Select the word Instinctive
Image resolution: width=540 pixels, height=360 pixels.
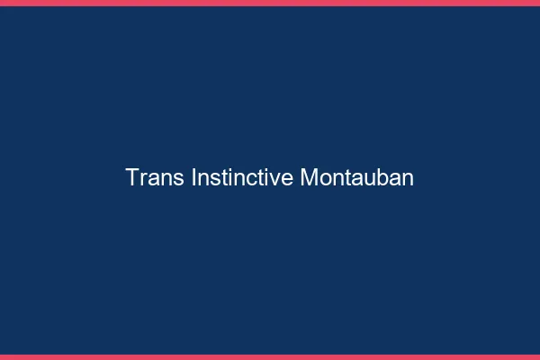(242, 177)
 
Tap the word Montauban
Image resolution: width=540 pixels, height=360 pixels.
(356, 177)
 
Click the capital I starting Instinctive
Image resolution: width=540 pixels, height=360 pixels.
(193, 177)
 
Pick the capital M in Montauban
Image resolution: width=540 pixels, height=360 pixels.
(308, 177)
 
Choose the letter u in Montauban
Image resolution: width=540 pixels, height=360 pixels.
(371, 179)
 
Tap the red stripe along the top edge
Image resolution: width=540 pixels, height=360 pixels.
(270, 3)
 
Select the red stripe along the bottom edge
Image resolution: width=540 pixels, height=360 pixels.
(270, 356)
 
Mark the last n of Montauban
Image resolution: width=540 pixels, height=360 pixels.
(408, 179)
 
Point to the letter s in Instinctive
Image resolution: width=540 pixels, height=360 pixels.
(212, 179)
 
